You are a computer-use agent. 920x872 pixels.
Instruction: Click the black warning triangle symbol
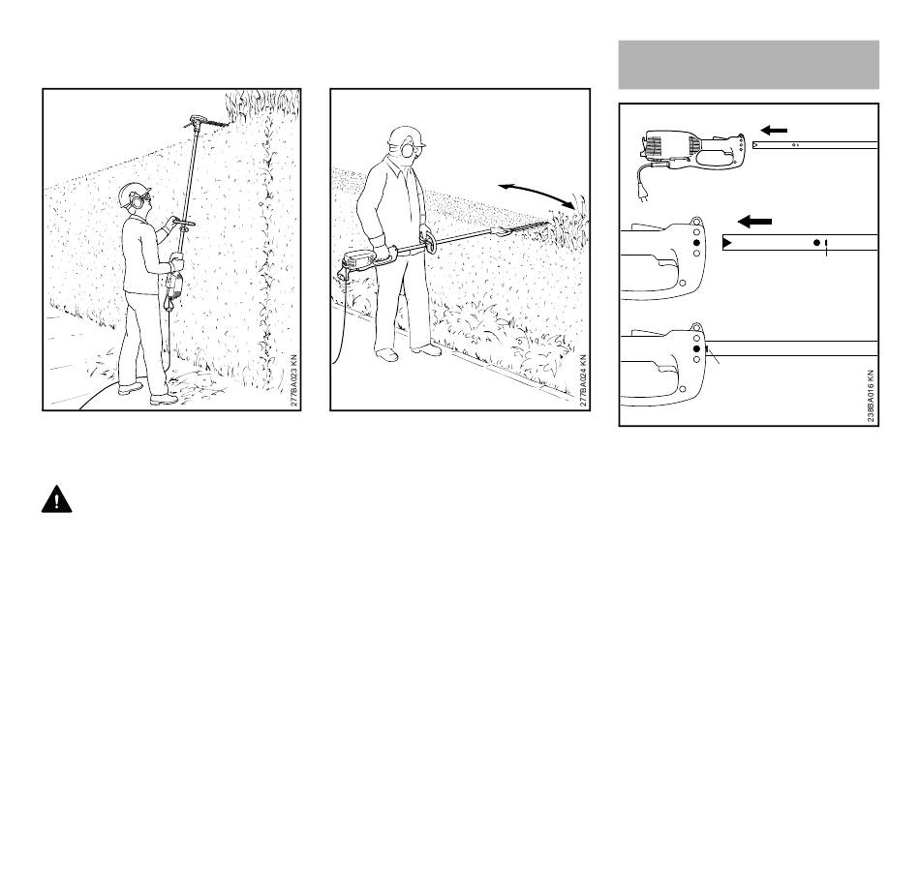click(x=56, y=499)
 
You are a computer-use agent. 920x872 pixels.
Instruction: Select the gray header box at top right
click(x=749, y=65)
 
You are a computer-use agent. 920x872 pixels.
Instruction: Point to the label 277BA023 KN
click(x=294, y=380)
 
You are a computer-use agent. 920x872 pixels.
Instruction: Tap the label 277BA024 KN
click(x=583, y=380)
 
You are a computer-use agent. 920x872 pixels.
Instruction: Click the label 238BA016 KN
click(x=871, y=396)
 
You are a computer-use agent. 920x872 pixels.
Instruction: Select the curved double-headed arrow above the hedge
click(x=537, y=194)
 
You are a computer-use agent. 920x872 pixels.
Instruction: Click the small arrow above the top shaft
click(x=774, y=131)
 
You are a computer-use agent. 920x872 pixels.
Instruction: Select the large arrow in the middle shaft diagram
click(x=754, y=222)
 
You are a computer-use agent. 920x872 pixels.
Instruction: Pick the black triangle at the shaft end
click(x=727, y=242)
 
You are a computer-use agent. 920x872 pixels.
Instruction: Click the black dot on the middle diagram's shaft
click(x=816, y=242)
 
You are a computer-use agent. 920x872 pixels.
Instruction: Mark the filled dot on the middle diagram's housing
click(x=696, y=243)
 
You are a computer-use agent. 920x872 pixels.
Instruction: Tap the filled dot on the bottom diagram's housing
click(x=696, y=349)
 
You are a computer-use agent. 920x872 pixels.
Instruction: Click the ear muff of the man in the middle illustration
click(x=407, y=150)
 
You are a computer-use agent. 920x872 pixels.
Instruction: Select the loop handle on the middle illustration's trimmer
click(x=428, y=242)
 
